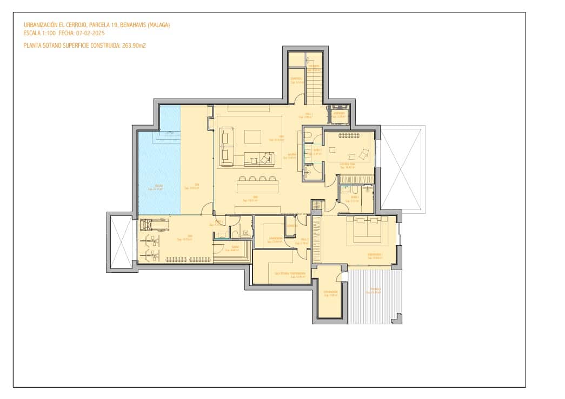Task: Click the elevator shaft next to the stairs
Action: click(339, 114)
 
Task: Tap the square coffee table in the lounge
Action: click(252, 136)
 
